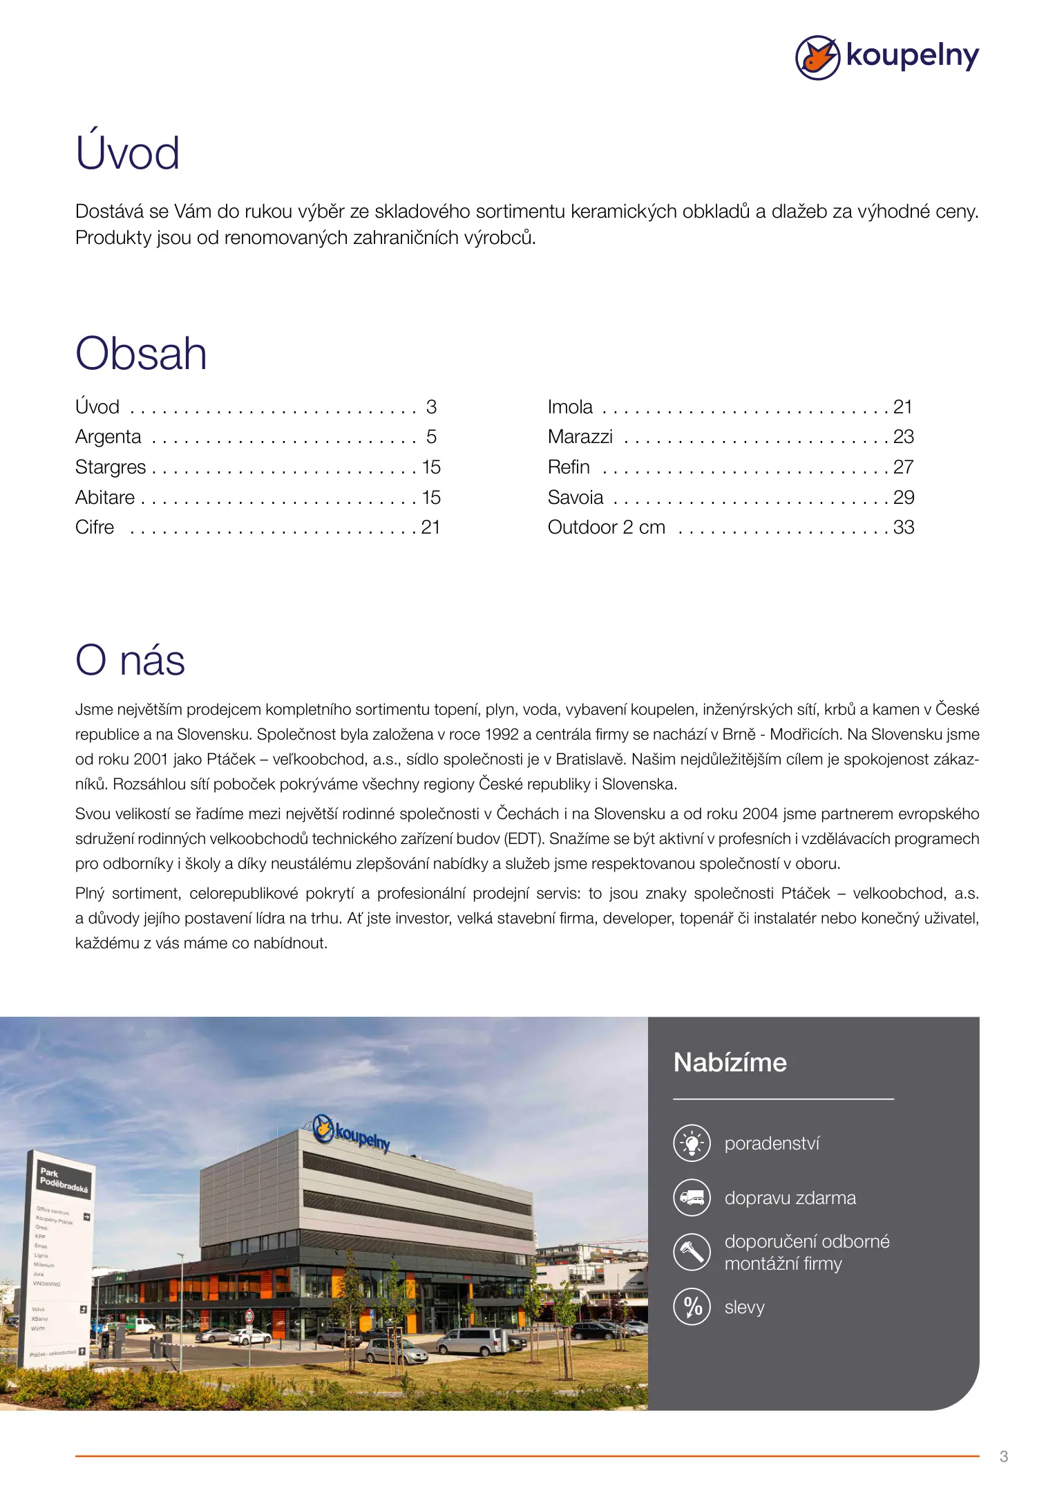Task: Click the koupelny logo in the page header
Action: pyautogui.click(x=886, y=57)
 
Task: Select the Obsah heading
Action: pyautogui.click(x=141, y=353)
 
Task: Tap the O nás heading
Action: pyautogui.click(x=130, y=659)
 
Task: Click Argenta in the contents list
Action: pyautogui.click(x=108, y=437)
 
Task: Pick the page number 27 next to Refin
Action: pyautogui.click(x=903, y=467)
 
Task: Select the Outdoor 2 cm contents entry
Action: pyautogui.click(x=606, y=527)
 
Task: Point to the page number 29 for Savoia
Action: pyautogui.click(x=903, y=498)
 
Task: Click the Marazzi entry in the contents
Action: pyautogui.click(x=580, y=437)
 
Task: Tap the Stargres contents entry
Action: pyautogui.click(x=111, y=467)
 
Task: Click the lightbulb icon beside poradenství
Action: pyautogui.click(x=692, y=1143)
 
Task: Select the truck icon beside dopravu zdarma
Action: pyautogui.click(x=692, y=1197)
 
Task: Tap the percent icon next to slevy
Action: pyautogui.click(x=692, y=1306)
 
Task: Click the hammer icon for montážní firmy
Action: pyautogui.click(x=692, y=1252)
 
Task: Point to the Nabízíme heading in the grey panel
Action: pyautogui.click(x=730, y=1062)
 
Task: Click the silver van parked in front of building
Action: pyautogui.click(x=474, y=1342)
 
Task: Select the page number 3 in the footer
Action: pyautogui.click(x=1003, y=1456)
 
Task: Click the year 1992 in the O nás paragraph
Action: pyautogui.click(x=502, y=734)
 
